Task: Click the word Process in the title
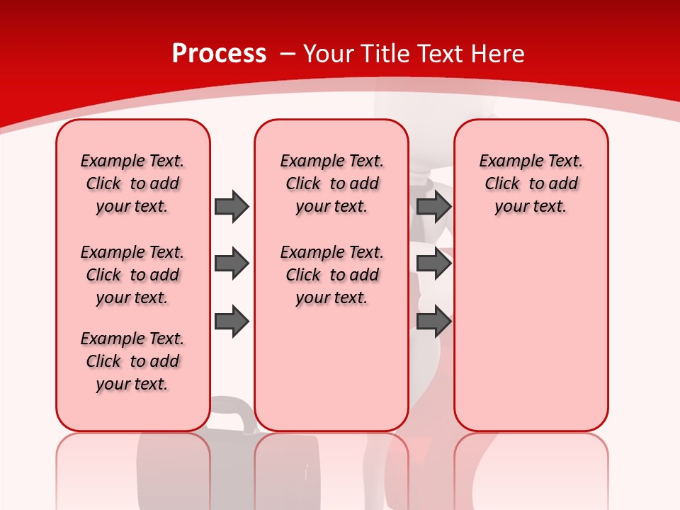[219, 54]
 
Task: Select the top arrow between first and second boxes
[231, 206]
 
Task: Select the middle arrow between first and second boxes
[231, 263]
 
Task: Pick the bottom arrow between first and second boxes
[231, 321]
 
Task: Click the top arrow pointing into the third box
[433, 206]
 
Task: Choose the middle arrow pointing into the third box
[433, 263]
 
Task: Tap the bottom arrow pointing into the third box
[433, 321]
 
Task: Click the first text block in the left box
[132, 183]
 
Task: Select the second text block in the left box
[132, 275]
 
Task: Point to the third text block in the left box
[132, 361]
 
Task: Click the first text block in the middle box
[331, 183]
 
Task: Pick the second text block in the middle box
[331, 275]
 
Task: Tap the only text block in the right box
[531, 183]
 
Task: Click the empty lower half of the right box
[531, 340]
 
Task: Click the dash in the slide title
[288, 54]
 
